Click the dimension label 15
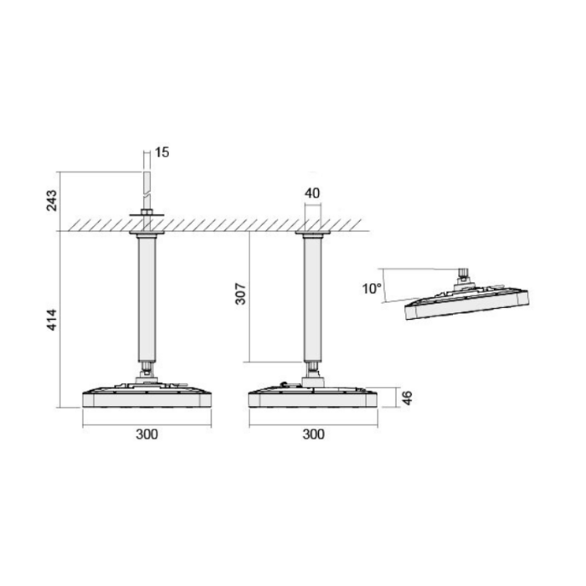pyautogui.click(x=162, y=152)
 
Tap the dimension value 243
pyautogui.click(x=52, y=200)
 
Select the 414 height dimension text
pyautogui.click(x=52, y=320)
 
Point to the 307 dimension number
pyautogui.click(x=241, y=294)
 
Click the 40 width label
pyautogui.click(x=312, y=193)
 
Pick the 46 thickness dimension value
pyautogui.click(x=407, y=398)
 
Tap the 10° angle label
pyautogui.click(x=372, y=289)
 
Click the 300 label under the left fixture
pyautogui.click(x=146, y=434)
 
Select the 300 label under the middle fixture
pyautogui.click(x=314, y=434)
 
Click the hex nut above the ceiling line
pyautogui.click(x=146, y=212)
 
